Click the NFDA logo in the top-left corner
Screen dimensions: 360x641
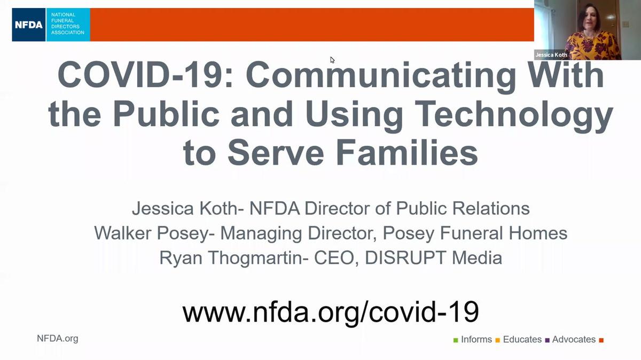tap(51, 25)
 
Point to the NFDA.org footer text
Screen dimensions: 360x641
tap(57, 338)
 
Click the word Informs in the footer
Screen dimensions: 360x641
tap(476, 340)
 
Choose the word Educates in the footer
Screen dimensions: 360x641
tap(522, 340)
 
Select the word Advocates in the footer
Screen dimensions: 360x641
tap(574, 340)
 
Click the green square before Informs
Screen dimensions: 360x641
tap(456, 340)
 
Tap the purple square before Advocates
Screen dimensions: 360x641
tap(548, 340)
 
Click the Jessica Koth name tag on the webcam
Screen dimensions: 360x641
tap(551, 54)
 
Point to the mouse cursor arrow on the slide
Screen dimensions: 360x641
tap(332, 60)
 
